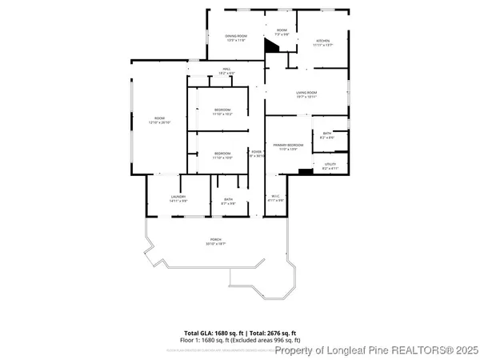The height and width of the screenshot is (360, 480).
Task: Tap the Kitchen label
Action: pos(322,42)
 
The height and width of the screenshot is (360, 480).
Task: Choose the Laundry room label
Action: pos(178,198)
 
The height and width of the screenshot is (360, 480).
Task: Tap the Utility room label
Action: pos(330,166)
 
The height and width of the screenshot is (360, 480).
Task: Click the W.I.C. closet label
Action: pos(274,198)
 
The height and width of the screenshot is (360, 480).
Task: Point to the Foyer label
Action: pos(257,153)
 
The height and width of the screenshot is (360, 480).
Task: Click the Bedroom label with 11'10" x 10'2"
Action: pos(222,111)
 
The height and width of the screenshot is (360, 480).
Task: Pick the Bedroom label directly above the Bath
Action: pos(222,155)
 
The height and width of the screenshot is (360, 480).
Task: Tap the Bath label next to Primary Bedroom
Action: pos(327,135)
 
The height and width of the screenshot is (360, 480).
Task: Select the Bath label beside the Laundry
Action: pos(228,201)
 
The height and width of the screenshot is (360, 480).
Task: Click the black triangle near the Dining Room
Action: pos(272,47)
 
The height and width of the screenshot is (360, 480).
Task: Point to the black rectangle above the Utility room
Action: pos(304,170)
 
